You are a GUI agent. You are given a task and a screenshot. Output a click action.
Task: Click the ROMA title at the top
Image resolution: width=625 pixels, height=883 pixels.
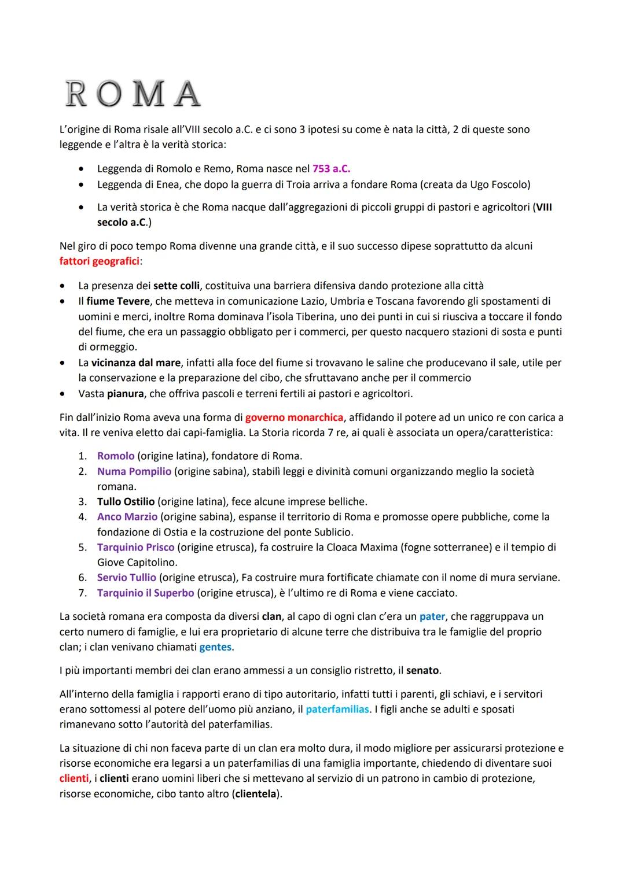point(133,94)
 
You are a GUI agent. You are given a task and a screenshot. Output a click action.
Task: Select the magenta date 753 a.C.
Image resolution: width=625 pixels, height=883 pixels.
point(331,169)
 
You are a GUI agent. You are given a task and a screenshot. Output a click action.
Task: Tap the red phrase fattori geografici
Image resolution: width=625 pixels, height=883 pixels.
point(100,261)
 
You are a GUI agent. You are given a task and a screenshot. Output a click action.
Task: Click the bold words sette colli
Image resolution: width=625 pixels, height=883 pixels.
point(177,286)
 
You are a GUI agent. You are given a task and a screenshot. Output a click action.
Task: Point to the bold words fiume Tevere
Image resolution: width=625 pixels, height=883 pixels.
point(117,301)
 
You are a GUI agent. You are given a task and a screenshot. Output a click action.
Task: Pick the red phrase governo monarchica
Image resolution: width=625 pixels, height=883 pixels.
point(294,418)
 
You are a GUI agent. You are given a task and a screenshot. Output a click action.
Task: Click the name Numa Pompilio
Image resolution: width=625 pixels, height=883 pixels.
point(134,471)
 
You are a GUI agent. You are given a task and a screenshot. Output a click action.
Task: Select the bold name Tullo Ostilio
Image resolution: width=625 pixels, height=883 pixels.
point(126,501)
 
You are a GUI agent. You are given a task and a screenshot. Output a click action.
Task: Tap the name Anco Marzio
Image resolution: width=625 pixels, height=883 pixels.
point(127,516)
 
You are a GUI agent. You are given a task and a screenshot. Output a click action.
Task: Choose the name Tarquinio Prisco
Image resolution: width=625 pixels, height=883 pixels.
point(135,547)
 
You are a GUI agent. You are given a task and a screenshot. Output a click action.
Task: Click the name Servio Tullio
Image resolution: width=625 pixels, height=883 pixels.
point(127,577)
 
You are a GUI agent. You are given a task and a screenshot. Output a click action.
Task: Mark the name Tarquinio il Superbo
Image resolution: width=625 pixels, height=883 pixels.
point(145,593)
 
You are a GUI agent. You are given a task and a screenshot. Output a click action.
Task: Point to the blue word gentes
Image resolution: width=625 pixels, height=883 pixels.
point(215,647)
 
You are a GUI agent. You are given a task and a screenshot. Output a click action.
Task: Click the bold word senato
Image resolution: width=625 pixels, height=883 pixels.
point(422,671)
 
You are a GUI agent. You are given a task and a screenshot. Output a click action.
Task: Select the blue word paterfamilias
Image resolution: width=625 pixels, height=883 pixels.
point(337,709)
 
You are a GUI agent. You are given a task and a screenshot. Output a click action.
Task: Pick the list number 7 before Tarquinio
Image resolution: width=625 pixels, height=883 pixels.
point(82,593)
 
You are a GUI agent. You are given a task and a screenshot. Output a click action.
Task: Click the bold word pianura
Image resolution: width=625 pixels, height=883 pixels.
point(125,394)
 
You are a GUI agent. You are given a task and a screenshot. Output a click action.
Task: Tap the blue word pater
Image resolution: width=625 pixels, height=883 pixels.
point(432,616)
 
